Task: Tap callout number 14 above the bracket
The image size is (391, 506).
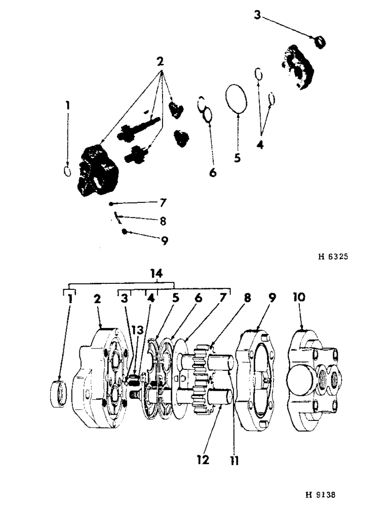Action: pyautogui.click(x=157, y=274)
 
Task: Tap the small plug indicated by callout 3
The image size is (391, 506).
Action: pyautogui.click(x=320, y=41)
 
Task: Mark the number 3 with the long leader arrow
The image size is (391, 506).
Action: pyautogui.click(x=257, y=16)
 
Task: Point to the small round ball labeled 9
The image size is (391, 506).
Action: pyautogui.click(x=124, y=232)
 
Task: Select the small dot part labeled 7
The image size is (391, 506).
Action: pyautogui.click(x=111, y=204)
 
